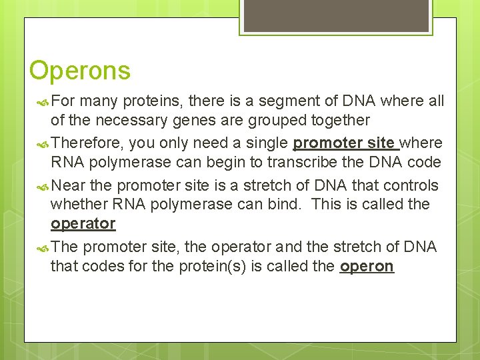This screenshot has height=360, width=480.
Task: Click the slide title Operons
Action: point(80,70)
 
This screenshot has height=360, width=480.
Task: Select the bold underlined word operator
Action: point(83,224)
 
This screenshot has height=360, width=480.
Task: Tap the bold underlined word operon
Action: point(367,267)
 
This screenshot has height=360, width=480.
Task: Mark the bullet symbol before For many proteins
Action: point(42,102)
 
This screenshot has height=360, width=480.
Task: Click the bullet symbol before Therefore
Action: point(42,144)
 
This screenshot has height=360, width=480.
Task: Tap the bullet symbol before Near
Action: point(42,186)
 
